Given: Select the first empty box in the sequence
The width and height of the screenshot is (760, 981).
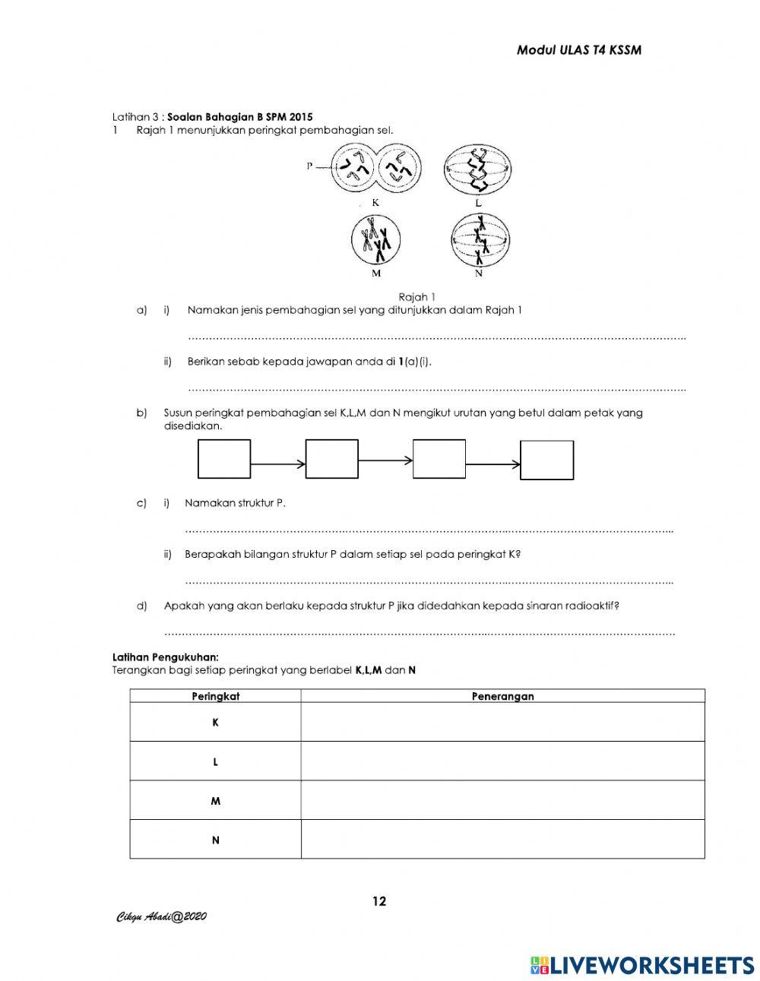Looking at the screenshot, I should pos(224,460).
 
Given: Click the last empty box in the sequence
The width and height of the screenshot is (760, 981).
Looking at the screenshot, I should pos(546,460).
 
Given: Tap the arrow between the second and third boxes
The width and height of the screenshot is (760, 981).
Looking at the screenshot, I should pos(385,460).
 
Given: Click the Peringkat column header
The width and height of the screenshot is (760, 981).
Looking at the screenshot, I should pos(215,696).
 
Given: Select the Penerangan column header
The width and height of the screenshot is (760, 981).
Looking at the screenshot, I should pos(502,696).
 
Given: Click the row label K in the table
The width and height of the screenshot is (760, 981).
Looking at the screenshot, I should pos(215,723).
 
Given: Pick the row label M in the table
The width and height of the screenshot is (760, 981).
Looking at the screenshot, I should pos(215,801).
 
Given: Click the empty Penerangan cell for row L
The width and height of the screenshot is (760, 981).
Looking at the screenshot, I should pos(502,761).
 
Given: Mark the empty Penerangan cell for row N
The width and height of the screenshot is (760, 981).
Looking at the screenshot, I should pos(502,840).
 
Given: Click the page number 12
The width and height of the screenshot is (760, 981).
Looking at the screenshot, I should pos(379,902).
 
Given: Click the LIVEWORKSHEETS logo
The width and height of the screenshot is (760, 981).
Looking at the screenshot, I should pos(642,964).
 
